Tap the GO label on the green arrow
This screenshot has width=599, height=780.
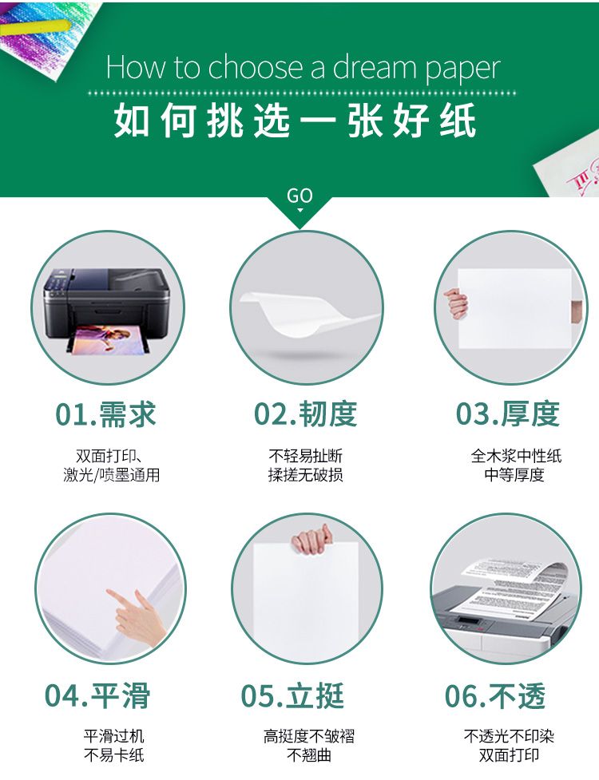click(x=299, y=196)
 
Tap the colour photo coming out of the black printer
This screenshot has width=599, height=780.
click(x=108, y=339)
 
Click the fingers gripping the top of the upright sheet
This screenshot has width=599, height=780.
click(x=312, y=539)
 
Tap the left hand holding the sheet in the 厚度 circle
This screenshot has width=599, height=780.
click(x=455, y=303)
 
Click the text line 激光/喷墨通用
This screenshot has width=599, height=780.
click(x=112, y=475)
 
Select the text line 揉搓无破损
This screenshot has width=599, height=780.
click(x=305, y=475)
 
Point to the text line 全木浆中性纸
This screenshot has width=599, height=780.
click(x=516, y=456)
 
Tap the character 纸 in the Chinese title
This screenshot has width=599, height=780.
click(x=458, y=120)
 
